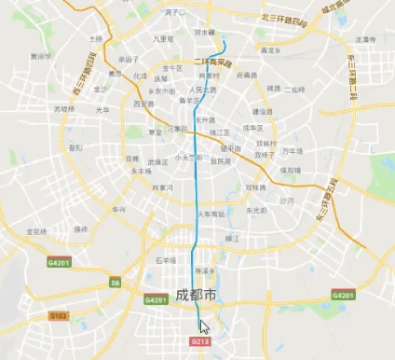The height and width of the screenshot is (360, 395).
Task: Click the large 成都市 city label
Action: (196, 296)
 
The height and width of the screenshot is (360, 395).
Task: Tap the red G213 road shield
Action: (197, 341)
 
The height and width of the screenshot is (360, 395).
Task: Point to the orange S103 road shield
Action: (58, 316)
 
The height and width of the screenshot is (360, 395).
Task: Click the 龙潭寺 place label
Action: (364, 40)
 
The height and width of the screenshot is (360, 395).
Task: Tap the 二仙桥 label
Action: (294, 89)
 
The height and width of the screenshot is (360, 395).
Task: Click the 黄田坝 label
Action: (40, 56)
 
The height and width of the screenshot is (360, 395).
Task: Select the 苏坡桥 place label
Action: (63, 108)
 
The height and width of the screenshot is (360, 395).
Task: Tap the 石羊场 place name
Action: (164, 259)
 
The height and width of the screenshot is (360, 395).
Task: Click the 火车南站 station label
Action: (209, 214)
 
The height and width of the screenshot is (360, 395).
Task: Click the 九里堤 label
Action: (163, 39)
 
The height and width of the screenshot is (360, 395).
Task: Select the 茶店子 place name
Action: (116, 58)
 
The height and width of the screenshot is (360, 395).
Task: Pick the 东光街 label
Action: (255, 211)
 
